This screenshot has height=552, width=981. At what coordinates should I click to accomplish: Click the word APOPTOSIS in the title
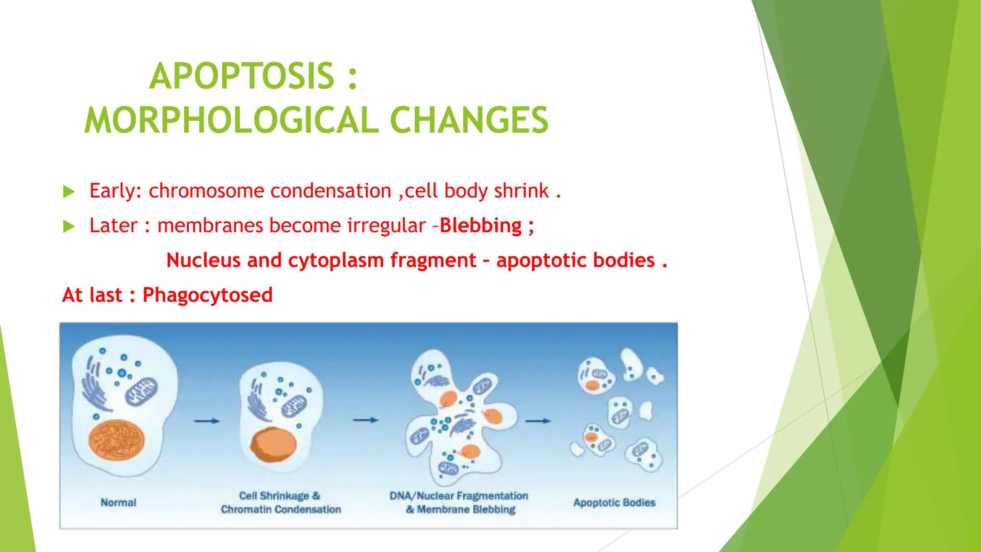pos(241,77)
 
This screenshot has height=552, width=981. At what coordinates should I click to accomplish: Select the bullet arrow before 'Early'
pos(69,192)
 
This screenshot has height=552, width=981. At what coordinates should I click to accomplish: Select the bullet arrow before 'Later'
pos(69,227)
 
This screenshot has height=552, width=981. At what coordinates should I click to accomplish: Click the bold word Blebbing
pos(480,226)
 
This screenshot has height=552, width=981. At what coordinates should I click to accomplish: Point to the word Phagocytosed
pos(207,295)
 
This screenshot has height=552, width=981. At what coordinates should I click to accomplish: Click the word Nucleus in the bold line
pos(203,260)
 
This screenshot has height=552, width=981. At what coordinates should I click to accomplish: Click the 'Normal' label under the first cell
pos(118,503)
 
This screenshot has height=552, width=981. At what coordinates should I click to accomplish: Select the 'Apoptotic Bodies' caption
pos(614,503)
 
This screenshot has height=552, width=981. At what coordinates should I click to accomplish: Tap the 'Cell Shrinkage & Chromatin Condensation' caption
pos(281,503)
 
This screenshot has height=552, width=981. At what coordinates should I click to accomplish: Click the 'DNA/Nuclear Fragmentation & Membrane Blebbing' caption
pos(459,503)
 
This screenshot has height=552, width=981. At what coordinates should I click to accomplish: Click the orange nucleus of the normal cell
pos(116,440)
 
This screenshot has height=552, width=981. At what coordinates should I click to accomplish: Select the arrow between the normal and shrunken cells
pos(207,421)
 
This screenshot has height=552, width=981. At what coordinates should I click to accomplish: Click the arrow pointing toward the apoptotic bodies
pos(538,421)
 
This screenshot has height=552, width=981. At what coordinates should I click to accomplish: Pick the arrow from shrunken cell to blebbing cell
pos(365,420)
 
